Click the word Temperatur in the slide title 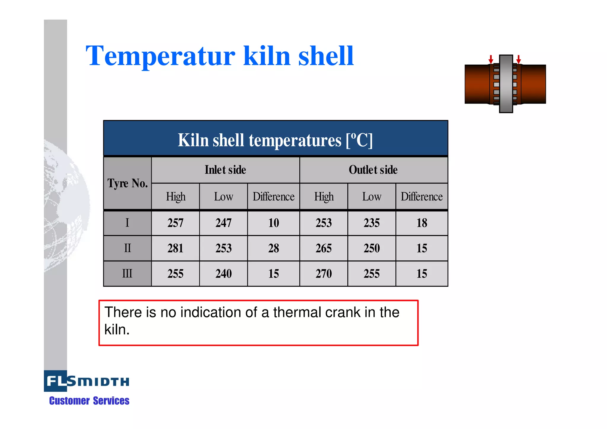[160, 56]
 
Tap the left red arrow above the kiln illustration [491, 59]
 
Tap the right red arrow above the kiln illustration [518, 59]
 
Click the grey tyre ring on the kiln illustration [506, 84]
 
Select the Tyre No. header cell [127, 183]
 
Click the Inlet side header [225, 170]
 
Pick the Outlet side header [373, 170]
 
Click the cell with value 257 [175, 223]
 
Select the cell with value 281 [175, 248]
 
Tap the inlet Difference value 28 [274, 248]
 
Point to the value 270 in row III [324, 274]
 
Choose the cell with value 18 [422, 223]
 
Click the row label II [127, 248]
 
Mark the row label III [127, 273]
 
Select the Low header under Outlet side [372, 197]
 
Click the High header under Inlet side [175, 197]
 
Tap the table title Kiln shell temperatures [275, 140]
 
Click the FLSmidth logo [87, 381]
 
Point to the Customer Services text [89, 401]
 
